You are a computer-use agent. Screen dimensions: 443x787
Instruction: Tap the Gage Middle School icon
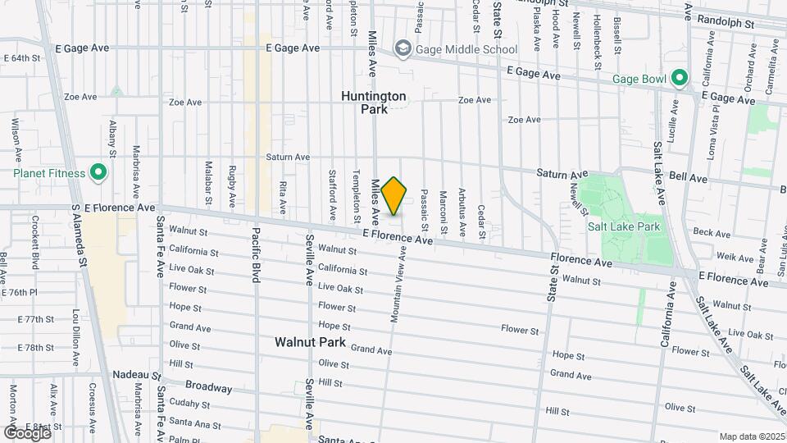point(403,49)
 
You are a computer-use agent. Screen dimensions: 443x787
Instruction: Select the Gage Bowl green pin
point(679,79)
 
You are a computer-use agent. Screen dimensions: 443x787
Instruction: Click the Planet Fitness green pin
point(98,173)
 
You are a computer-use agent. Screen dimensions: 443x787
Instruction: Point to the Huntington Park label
point(374,102)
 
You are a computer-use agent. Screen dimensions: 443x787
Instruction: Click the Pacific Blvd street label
point(256,255)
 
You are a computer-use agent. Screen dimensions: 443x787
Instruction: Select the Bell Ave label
point(688,177)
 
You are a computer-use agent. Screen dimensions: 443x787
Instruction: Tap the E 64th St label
point(22,58)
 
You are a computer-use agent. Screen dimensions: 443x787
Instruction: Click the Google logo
point(27,432)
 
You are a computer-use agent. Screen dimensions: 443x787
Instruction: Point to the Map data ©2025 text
point(751,436)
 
